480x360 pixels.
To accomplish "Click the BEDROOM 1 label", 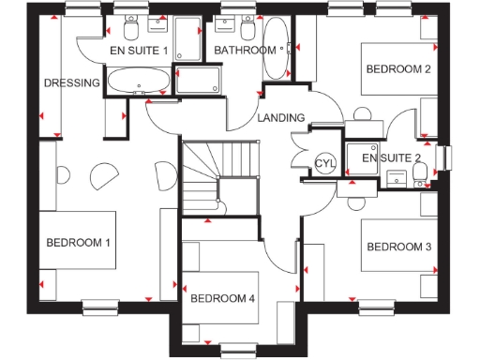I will click(79, 243).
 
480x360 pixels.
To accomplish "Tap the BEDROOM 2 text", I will click(397, 68).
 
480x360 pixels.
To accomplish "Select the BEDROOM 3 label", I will click(398, 247).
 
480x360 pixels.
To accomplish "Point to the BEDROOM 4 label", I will click(222, 299).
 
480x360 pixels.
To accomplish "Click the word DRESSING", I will click(71, 82).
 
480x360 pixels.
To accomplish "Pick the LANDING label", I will click(281, 118).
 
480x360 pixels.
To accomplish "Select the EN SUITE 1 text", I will click(138, 50).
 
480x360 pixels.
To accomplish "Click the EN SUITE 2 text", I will click(391, 157).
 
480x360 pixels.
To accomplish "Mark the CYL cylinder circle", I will click(324, 163).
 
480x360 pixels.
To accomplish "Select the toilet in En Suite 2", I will click(420, 172).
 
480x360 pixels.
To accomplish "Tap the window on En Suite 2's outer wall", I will click(445, 158).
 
